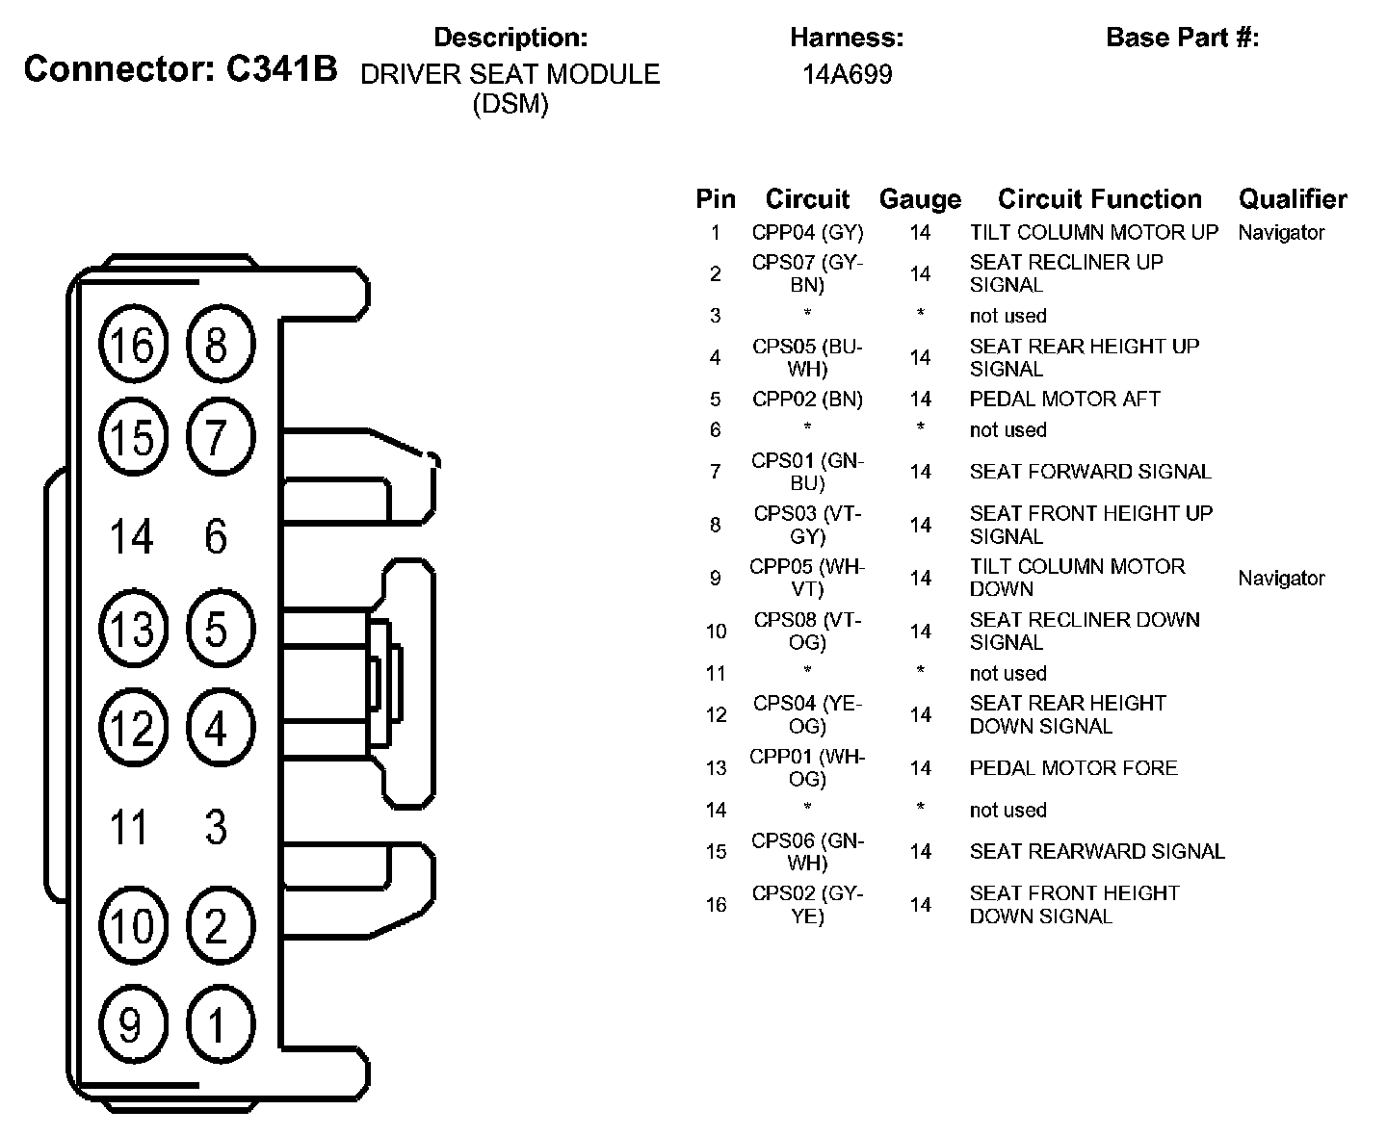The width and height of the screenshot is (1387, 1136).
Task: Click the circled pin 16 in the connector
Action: pos(133,345)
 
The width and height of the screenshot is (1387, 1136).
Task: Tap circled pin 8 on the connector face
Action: pos(217,345)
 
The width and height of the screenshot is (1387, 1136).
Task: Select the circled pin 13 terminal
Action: pos(133,631)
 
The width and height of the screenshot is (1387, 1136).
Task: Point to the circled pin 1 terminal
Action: pos(217,1023)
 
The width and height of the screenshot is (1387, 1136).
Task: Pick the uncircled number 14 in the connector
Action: pos(132,536)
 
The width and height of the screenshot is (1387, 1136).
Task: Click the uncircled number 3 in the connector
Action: pos(217,827)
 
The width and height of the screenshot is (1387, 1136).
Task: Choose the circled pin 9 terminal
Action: pos(132,1023)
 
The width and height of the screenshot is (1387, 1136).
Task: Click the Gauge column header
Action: pos(920,199)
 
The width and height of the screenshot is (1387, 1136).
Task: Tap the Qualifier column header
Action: pos(1293,199)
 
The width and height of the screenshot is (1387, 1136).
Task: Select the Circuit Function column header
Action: pos(1100,199)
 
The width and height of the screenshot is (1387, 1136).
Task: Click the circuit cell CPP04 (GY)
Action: pos(807,232)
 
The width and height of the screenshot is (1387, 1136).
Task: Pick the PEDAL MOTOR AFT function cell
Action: pos(1064,399)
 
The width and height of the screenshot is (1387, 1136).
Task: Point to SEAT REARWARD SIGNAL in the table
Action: pos(1097,851)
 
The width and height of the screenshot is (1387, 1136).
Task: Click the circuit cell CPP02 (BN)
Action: pos(807,399)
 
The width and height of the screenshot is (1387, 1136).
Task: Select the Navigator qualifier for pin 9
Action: pos(1281,578)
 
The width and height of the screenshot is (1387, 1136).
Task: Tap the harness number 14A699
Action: pos(847,74)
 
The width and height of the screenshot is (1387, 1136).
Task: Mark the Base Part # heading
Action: pos(1182,38)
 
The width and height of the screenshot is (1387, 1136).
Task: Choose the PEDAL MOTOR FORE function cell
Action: pos(1073,767)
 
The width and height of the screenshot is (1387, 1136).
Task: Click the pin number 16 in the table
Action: pos(716,905)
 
